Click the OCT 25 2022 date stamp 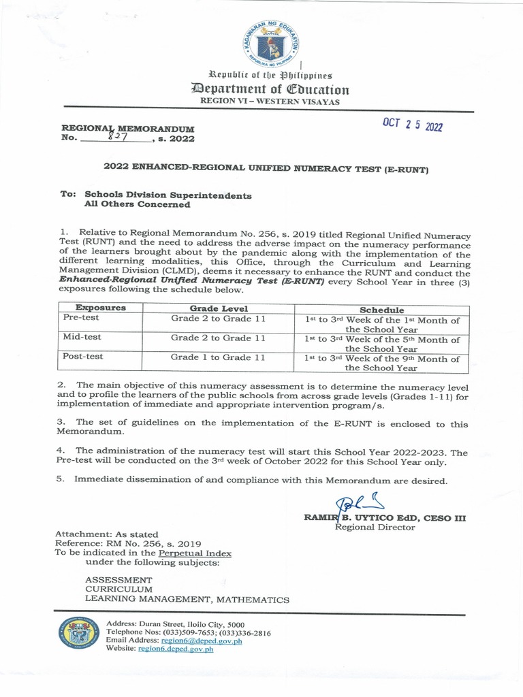tap(413, 125)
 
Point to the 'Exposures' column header tap(100, 308)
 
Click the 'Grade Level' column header tap(218, 308)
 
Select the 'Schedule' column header tap(381, 309)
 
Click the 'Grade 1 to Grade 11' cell tap(218, 357)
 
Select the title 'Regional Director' tap(375, 528)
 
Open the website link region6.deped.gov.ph tap(176, 649)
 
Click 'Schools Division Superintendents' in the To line tap(168, 195)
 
